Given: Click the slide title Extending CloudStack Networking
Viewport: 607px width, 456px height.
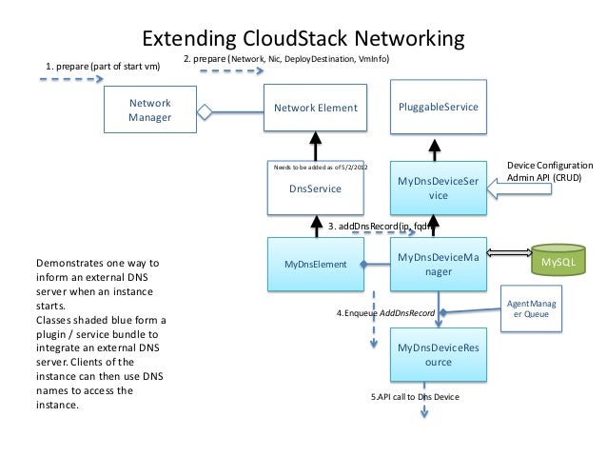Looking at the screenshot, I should [x=303, y=39].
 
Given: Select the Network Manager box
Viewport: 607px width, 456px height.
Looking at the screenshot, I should [x=149, y=110].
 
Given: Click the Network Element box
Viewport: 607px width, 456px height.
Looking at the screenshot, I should [x=315, y=109].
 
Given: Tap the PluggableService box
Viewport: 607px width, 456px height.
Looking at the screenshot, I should [x=438, y=108].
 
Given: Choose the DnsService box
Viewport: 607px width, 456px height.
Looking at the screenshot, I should [x=315, y=188].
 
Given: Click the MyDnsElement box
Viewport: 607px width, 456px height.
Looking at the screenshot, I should [x=315, y=262].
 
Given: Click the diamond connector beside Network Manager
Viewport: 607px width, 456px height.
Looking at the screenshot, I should [x=203, y=111].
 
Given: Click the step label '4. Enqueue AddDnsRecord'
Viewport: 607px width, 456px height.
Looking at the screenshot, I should [x=385, y=312].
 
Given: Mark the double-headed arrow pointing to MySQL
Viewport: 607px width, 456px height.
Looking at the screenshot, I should [x=509, y=253].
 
